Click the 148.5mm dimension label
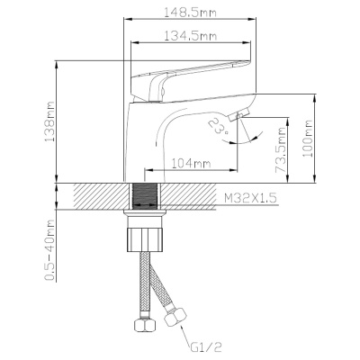click(x=190, y=13)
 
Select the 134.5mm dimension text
click(x=191, y=36)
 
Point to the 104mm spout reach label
click(x=191, y=164)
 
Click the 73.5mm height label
click(x=281, y=150)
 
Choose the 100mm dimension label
click(x=308, y=138)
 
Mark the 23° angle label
click(x=218, y=126)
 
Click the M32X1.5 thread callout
click(x=250, y=198)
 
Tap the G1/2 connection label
click(x=206, y=347)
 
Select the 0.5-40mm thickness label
click(x=49, y=250)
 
